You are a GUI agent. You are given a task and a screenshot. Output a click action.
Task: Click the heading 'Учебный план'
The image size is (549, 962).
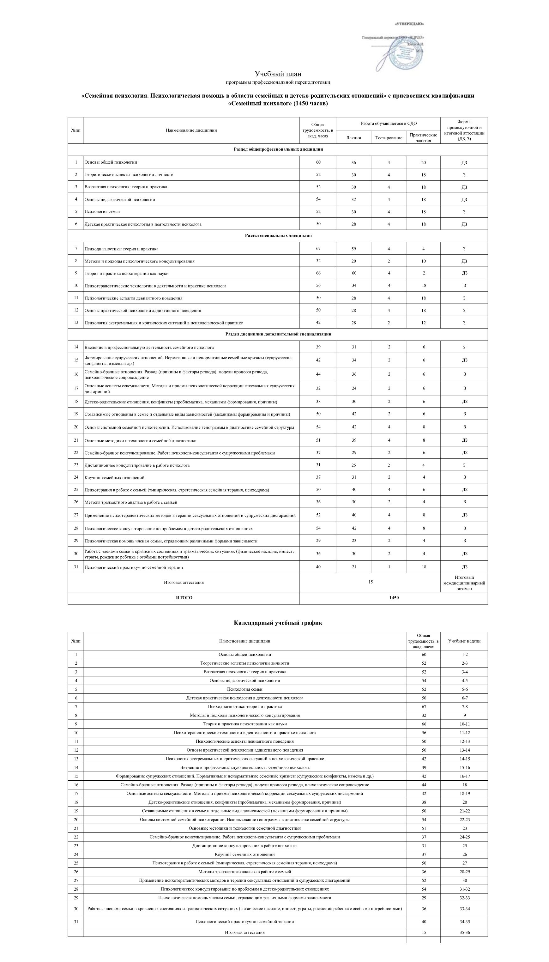[x=278, y=74]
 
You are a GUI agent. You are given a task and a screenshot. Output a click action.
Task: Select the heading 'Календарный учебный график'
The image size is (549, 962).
[x=278, y=623]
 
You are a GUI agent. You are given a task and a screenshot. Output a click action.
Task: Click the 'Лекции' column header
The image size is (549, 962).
[x=353, y=138]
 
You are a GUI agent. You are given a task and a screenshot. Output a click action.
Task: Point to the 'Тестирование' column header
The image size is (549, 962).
[x=388, y=138]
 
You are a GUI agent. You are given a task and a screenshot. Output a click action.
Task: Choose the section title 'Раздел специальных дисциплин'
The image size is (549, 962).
[x=278, y=236]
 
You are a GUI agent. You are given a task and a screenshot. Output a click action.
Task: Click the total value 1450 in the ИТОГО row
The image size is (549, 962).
[x=394, y=598]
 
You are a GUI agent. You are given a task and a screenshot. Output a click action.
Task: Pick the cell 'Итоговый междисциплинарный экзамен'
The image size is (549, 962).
[x=464, y=583]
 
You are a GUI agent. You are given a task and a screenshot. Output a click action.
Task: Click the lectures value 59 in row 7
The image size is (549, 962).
[x=353, y=249]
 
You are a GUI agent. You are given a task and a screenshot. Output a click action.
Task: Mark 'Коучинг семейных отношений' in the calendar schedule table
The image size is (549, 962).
[x=245, y=854]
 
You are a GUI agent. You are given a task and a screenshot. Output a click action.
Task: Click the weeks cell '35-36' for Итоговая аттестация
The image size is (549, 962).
[x=464, y=932]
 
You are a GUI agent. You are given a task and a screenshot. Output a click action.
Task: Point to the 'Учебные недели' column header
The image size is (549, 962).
[x=464, y=641]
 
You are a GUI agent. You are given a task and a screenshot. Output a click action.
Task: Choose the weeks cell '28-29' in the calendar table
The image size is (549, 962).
[x=464, y=872]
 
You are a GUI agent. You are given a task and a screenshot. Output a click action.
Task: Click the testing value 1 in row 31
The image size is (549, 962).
[x=389, y=567]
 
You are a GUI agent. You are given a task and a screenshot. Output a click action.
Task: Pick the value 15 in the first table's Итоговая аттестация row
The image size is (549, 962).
[x=370, y=582]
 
